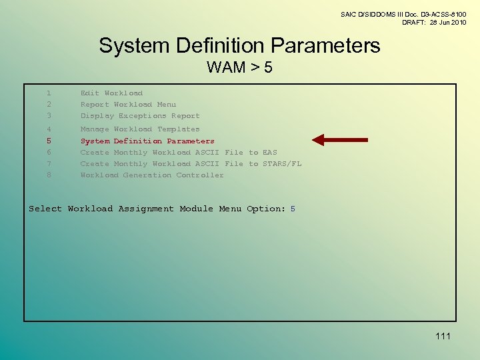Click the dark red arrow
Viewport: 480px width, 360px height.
[x=340, y=140]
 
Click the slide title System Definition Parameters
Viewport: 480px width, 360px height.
[x=239, y=45]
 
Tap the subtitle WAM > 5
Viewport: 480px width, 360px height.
[x=239, y=67]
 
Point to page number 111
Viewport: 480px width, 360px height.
[x=443, y=336]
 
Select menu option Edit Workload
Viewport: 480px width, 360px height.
[x=111, y=93]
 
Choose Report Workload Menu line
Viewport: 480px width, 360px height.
[x=128, y=105]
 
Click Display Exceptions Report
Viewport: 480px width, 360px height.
[x=140, y=116]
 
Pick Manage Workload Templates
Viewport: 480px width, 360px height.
[x=140, y=129]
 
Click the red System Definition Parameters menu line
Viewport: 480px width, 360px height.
[x=147, y=141]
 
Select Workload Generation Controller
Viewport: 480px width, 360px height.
[x=152, y=175]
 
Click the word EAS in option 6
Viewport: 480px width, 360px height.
[x=270, y=153]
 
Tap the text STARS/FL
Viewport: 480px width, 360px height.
[x=282, y=164]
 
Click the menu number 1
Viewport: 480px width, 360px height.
[x=49, y=93]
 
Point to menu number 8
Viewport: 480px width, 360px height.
[x=49, y=175]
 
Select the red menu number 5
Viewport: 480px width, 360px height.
[x=49, y=141]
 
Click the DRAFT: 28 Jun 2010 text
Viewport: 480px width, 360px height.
[x=433, y=23]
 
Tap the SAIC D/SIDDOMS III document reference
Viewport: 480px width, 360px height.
[x=403, y=14]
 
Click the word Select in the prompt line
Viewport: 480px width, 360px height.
[x=45, y=209]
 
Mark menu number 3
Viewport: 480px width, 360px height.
[x=49, y=116]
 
